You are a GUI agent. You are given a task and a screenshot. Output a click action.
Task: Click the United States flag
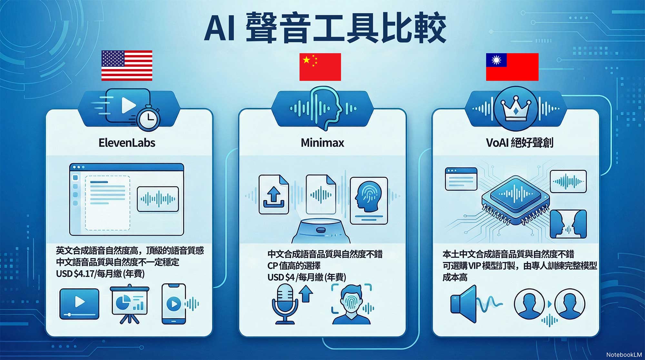point(127,65)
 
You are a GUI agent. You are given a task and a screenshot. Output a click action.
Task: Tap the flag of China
point(320,67)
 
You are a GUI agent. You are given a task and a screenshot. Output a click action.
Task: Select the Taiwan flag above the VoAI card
point(512,67)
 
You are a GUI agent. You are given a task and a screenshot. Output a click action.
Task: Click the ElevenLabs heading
point(127,143)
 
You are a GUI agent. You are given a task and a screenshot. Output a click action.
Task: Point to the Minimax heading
point(322,143)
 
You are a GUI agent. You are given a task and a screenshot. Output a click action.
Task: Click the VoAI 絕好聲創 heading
point(519,142)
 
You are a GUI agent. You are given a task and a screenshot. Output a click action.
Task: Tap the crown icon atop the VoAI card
point(516,108)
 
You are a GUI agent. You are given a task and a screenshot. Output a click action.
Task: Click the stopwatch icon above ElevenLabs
point(148,117)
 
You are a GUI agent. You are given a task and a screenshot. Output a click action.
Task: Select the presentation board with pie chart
point(129,304)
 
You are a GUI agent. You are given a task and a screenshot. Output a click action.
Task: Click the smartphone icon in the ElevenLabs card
point(174,304)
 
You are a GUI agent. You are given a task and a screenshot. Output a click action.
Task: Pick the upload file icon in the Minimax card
point(274,195)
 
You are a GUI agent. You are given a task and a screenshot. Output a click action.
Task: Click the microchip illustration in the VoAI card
point(516,199)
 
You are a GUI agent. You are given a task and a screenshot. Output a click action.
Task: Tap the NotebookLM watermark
point(624,355)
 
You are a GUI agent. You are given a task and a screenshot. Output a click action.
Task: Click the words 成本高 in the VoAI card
point(455,277)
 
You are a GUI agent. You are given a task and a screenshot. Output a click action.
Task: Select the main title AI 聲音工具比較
point(325,28)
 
